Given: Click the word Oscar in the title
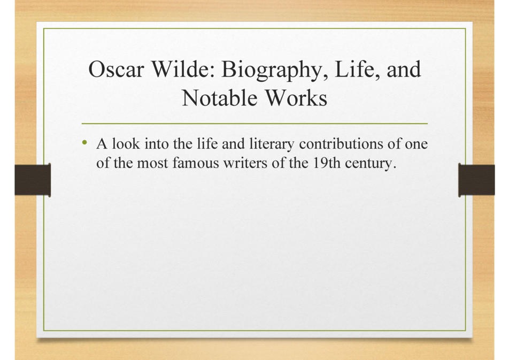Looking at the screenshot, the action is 116,69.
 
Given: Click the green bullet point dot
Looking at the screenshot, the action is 84,142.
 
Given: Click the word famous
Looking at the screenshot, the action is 196,163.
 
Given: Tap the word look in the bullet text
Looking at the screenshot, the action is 126,143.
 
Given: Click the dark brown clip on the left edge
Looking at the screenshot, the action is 33,180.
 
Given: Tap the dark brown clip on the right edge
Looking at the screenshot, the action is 476,180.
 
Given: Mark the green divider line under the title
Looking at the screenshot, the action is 254,124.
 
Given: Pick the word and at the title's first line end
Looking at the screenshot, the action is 404,69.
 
